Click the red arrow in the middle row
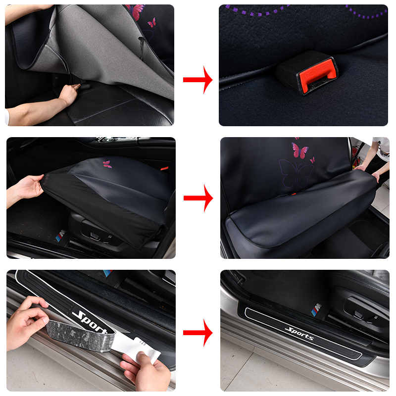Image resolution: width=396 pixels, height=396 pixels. (199, 198)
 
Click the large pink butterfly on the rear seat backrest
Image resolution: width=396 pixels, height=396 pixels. (300, 150)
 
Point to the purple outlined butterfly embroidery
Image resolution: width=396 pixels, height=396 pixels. (296, 173)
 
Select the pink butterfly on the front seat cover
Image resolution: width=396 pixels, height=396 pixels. (107, 164)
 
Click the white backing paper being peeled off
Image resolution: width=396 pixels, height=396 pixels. (137, 346)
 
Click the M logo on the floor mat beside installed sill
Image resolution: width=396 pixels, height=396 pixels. (317, 310)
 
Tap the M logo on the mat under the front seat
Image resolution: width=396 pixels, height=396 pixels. (60, 236)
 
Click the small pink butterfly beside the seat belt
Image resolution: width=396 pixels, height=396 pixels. (152, 22)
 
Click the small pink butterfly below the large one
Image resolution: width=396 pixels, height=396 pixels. (313, 159)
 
